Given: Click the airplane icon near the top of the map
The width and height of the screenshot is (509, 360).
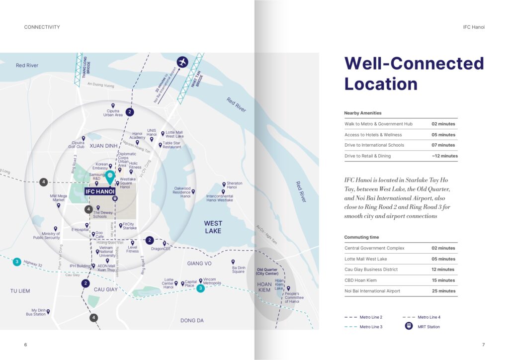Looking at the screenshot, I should tap(183, 62).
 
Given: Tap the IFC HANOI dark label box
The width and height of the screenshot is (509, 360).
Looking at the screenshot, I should tap(100, 191).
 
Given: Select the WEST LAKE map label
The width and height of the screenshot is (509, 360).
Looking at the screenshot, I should tap(213, 227).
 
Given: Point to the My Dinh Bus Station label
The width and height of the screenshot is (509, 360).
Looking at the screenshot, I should tap(36, 312).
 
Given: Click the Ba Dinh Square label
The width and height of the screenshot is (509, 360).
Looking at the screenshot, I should tap(238, 270).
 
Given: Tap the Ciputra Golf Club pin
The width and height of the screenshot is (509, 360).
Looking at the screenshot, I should tap(84, 138).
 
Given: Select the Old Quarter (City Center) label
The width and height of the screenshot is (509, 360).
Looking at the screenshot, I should tap(267, 271).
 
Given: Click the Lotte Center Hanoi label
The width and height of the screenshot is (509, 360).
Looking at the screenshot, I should tap(169, 283).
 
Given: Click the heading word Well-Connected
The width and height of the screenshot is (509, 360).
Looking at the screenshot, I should tap(414, 64).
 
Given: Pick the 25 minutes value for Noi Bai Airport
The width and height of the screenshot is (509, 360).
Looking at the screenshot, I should tap(443, 291).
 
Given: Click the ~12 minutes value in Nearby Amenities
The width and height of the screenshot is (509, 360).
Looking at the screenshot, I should tap(444, 156).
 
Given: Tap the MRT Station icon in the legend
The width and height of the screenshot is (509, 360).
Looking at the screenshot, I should tap(408, 327).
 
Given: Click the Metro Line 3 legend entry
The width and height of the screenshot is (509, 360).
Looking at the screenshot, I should tap(371, 327).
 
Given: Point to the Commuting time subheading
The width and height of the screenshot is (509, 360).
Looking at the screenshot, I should tap(361, 237).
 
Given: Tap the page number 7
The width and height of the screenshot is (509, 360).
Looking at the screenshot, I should tap(483, 345).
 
